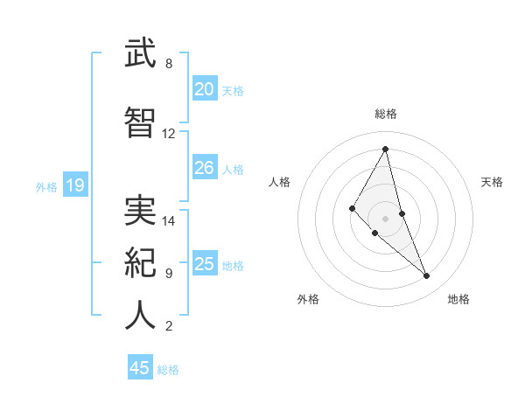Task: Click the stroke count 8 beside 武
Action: [x=168, y=64]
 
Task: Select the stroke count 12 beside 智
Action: [x=169, y=134]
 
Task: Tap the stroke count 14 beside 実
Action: [x=169, y=221]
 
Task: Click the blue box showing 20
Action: [x=204, y=89]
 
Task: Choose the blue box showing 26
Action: [x=204, y=168]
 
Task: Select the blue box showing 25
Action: [x=204, y=264]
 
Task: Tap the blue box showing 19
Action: [x=74, y=185]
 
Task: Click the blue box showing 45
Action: [x=140, y=368]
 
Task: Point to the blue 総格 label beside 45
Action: [x=168, y=370]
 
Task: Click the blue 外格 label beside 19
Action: [x=46, y=186]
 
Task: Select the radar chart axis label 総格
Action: [x=386, y=114]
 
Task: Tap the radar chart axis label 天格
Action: [x=492, y=182]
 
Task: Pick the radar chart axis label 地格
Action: [x=458, y=299]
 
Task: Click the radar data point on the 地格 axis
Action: [x=427, y=276]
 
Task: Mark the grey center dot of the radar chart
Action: [x=386, y=218]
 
